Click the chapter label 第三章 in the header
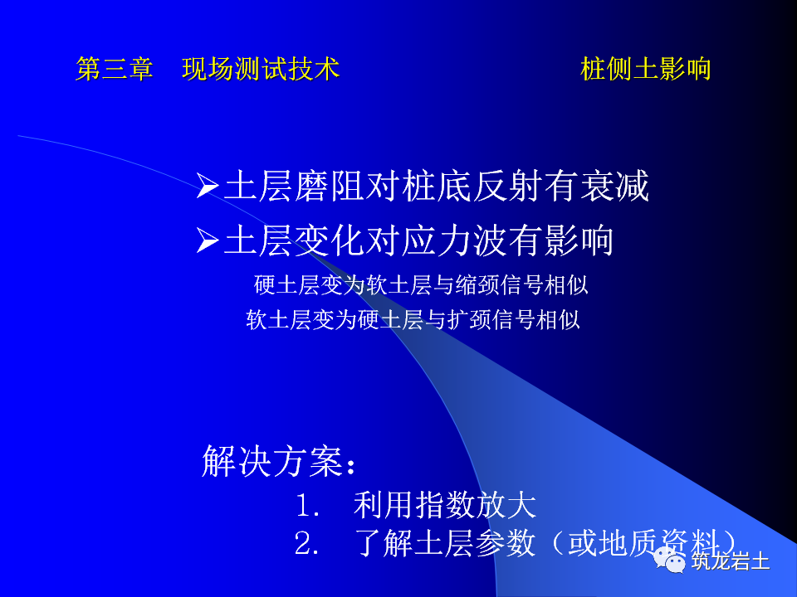[x=115, y=70]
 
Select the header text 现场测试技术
[x=261, y=70]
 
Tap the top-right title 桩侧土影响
[x=646, y=70]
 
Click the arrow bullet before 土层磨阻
[x=207, y=187]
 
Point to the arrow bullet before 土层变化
[x=207, y=241]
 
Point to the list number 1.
[x=306, y=506]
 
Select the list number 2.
[x=306, y=545]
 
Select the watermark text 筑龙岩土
[x=731, y=561]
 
